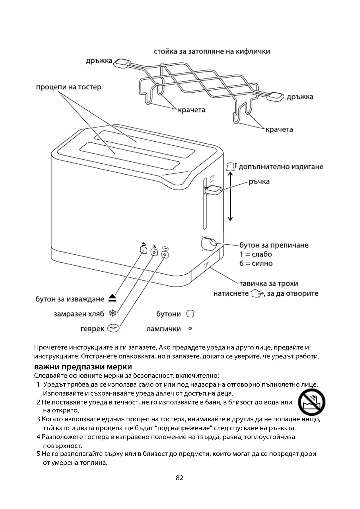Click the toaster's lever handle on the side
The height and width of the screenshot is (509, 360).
click(x=214, y=190)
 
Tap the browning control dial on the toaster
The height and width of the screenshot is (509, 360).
click(x=209, y=244)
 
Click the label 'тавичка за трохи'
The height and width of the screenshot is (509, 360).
click(x=269, y=284)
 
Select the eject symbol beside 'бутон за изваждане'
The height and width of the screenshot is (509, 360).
click(x=113, y=298)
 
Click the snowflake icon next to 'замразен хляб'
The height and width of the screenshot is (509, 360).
click(x=113, y=313)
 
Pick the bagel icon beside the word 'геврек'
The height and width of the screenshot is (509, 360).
click(x=113, y=328)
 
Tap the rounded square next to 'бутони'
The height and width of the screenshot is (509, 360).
click(x=190, y=314)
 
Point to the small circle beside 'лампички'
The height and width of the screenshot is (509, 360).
click(x=190, y=328)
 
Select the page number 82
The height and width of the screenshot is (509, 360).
click(x=180, y=478)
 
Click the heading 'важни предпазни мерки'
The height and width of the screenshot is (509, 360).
click(x=83, y=367)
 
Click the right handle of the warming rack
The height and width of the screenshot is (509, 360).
click(x=276, y=97)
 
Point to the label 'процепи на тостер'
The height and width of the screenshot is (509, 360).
click(x=68, y=87)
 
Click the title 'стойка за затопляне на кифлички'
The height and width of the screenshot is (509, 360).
click(x=212, y=52)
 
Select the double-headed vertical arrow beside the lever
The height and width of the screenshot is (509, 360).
click(x=230, y=196)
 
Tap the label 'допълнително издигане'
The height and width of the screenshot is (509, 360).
click(x=281, y=167)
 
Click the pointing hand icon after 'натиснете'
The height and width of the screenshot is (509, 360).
click(x=257, y=293)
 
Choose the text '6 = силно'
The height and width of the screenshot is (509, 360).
click(x=256, y=263)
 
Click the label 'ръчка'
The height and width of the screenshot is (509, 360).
click(x=259, y=182)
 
